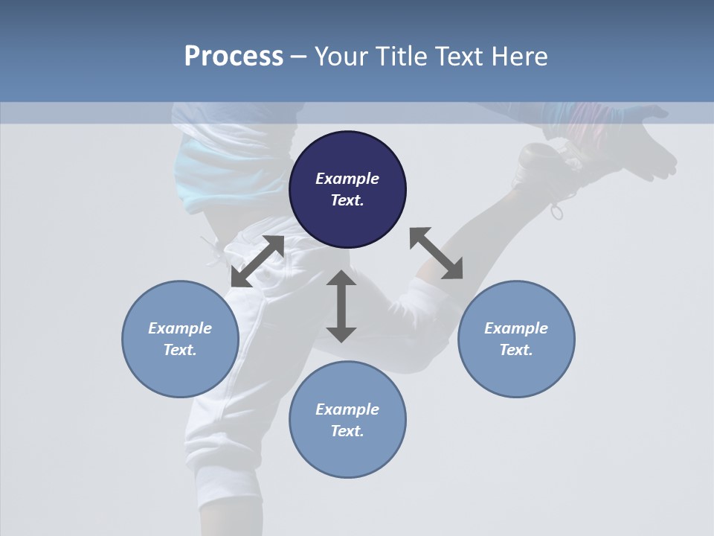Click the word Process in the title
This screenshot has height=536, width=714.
click(234, 57)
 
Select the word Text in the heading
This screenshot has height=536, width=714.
click(465, 57)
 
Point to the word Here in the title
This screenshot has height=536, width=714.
click(522, 57)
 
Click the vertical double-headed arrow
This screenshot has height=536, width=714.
click(341, 306)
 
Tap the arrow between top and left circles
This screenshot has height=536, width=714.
click(257, 261)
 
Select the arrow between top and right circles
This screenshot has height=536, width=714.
click(436, 253)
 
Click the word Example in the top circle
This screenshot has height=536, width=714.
click(347, 179)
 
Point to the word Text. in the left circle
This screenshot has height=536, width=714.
click(180, 350)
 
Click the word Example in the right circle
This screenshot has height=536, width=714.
click(516, 328)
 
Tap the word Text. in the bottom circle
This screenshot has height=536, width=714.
click(347, 431)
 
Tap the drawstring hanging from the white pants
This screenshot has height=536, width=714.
click(213, 249)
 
